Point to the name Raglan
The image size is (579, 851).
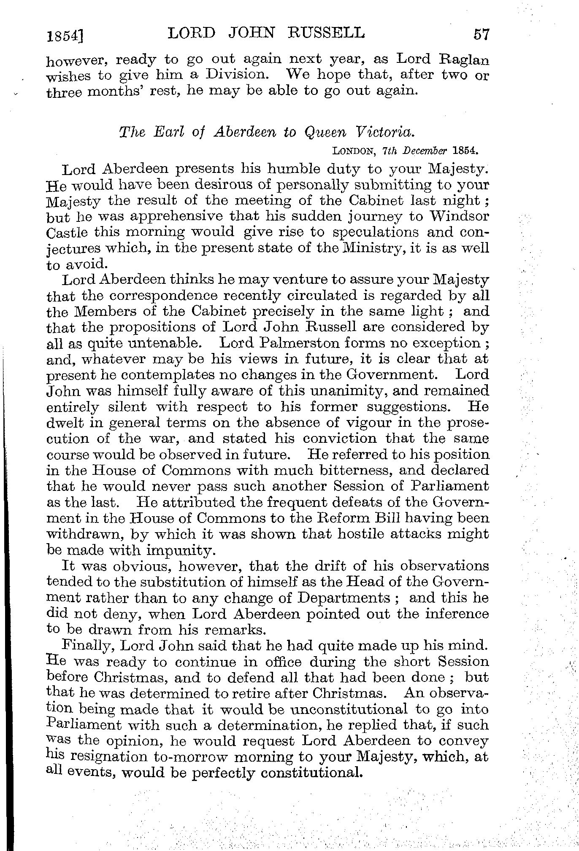click(465, 59)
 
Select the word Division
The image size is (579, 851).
click(230, 75)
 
